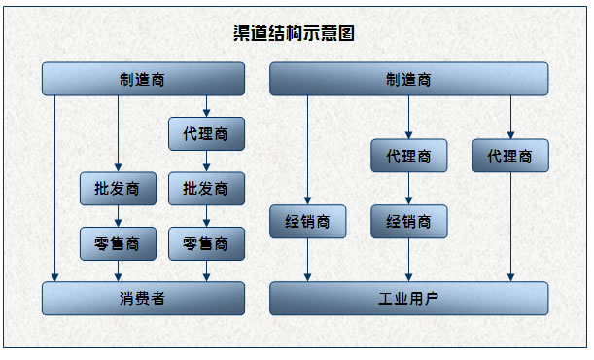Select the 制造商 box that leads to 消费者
coord(143,79)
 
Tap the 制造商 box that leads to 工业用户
coord(408,79)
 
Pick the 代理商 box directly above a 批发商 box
coord(206,133)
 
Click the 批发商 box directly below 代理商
coord(206,188)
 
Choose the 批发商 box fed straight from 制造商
coord(118,188)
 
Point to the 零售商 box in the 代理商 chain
coord(206,242)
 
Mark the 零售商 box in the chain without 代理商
coord(118,242)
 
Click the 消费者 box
coord(143,298)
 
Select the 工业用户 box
coord(408,298)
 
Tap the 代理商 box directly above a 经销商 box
coord(408,156)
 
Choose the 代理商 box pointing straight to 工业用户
coord(510,156)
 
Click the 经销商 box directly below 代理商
coord(408,221)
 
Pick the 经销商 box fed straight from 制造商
coord(307,221)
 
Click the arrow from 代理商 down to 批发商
coord(206,161)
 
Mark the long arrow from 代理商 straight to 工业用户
coord(510,229)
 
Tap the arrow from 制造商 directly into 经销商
coord(307,151)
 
